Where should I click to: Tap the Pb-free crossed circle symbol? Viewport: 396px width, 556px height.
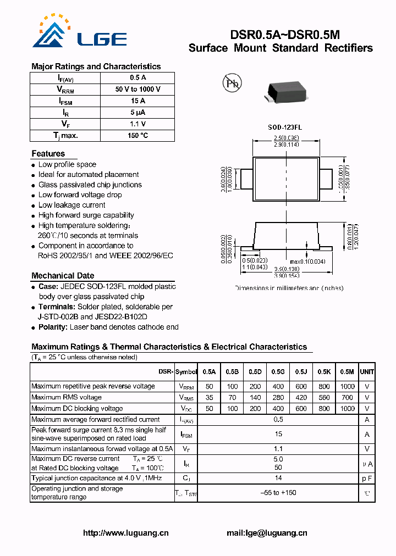pyautogui.click(x=232, y=83)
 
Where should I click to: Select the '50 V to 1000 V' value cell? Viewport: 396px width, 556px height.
pyautogui.click(x=137, y=89)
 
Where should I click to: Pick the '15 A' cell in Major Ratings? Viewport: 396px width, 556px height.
pyautogui.click(x=137, y=101)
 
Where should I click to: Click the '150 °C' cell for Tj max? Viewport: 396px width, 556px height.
pyautogui.click(x=137, y=135)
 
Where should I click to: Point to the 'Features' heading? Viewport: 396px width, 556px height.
pyautogui.click(x=48, y=154)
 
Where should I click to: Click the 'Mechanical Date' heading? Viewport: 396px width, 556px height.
pyautogui.click(x=63, y=276)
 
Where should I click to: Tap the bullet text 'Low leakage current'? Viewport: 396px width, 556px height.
pyautogui.click(x=71, y=205)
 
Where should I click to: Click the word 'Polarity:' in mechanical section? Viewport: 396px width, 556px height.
pyautogui.click(x=53, y=327)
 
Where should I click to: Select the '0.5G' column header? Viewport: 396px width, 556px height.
pyautogui.click(x=278, y=372)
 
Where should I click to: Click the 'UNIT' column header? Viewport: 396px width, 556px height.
pyautogui.click(x=367, y=372)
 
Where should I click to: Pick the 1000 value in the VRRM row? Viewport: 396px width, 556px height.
pyautogui.click(x=347, y=386)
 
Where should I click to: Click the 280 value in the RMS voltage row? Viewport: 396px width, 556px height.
pyautogui.click(x=278, y=397)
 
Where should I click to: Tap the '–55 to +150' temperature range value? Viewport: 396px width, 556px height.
pyautogui.click(x=278, y=493)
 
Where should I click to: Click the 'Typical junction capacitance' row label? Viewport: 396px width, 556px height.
pyautogui.click(x=97, y=478)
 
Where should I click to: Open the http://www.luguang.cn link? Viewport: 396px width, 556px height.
pyautogui.click(x=126, y=533)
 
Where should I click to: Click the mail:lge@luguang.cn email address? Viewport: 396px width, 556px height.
pyautogui.click(x=267, y=533)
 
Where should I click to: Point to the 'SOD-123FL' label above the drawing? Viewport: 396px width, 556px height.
pyautogui.click(x=284, y=127)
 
